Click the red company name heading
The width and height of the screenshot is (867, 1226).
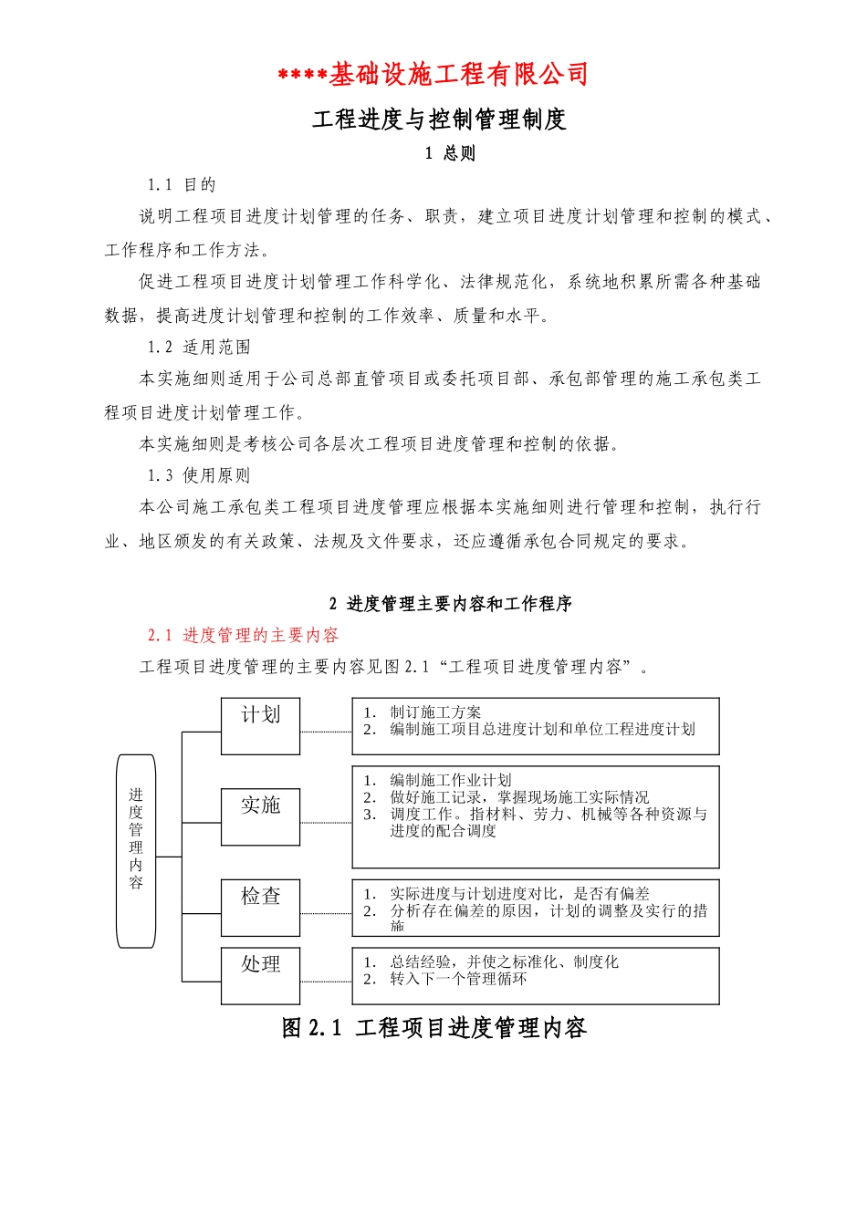[x=433, y=75]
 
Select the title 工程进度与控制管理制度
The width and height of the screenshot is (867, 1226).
[x=439, y=119]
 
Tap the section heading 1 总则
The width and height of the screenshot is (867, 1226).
[x=450, y=153]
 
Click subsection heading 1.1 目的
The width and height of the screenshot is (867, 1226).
[x=182, y=185]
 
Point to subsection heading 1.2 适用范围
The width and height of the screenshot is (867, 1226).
[x=199, y=347]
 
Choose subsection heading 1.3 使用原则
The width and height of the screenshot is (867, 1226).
[x=199, y=475]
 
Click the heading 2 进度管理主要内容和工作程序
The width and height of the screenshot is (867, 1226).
[x=451, y=604]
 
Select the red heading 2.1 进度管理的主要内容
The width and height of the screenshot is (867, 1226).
[x=243, y=635]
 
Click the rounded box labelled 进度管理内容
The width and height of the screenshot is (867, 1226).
[x=136, y=850]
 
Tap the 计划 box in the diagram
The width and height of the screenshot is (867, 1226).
[x=260, y=726]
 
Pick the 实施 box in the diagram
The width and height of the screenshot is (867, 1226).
[x=260, y=816]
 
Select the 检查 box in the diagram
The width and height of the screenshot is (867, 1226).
[x=260, y=907]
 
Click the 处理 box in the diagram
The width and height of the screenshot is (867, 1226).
[x=260, y=975]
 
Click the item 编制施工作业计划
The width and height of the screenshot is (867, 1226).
[x=450, y=780]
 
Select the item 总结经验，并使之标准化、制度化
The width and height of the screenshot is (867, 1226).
[x=504, y=961]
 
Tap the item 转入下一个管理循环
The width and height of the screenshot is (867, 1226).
[x=458, y=979]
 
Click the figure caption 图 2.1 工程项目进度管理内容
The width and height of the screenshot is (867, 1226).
[x=434, y=1028]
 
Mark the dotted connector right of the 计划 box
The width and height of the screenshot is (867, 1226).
[x=326, y=732]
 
